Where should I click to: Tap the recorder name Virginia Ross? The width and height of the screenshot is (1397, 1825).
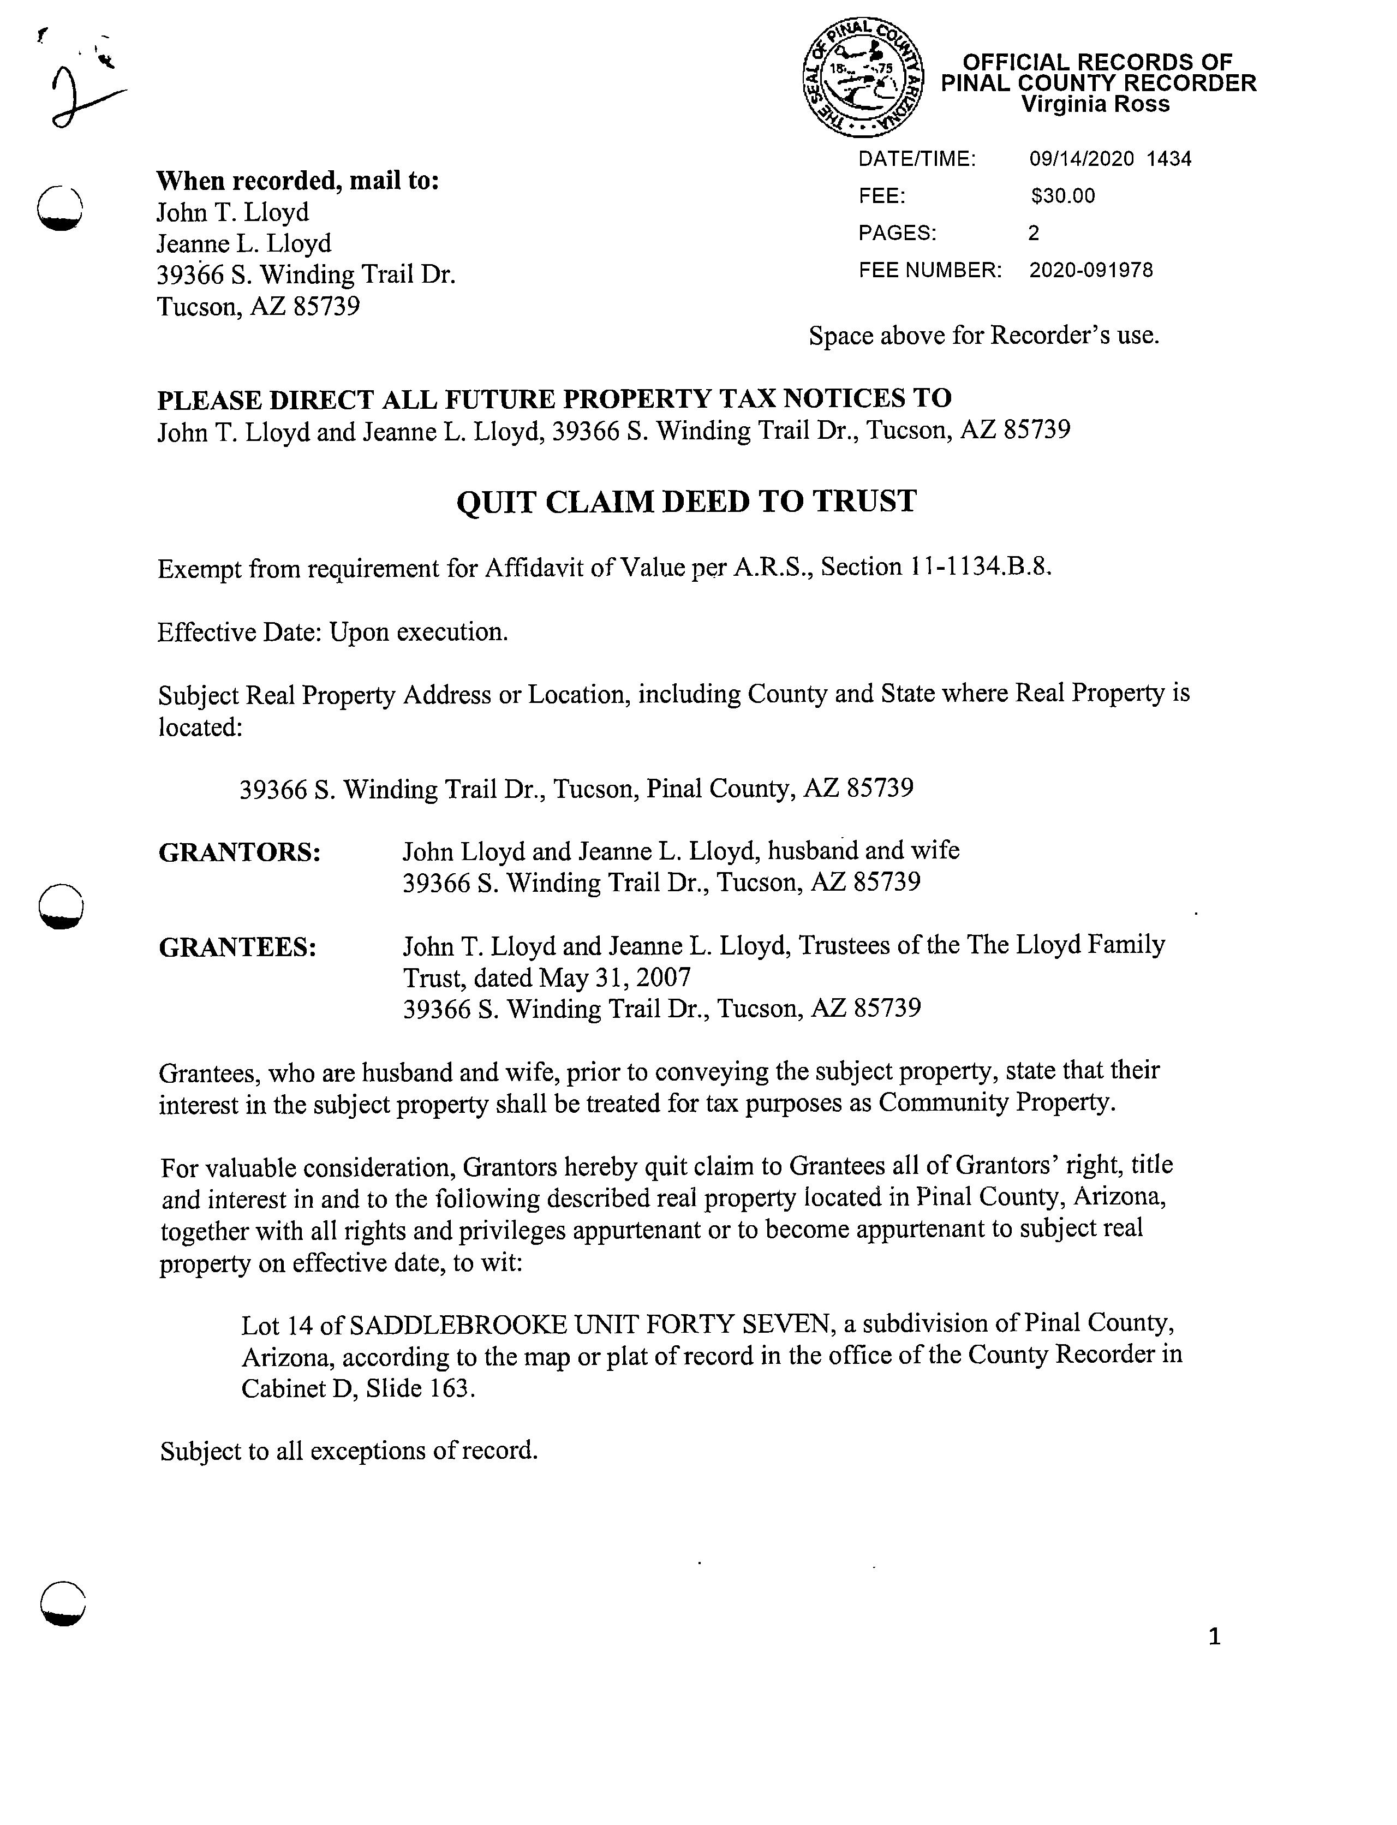point(1095,105)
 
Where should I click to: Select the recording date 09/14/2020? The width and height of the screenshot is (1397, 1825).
point(1081,159)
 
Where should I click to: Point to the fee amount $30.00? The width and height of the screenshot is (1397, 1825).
point(1062,196)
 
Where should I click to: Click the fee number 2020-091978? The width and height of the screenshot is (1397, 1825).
point(1091,270)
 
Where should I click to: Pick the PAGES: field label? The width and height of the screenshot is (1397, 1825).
point(897,234)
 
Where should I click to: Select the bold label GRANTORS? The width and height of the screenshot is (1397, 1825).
point(240,853)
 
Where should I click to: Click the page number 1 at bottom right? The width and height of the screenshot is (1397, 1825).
point(1214,1637)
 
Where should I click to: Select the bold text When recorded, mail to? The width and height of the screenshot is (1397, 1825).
point(298,181)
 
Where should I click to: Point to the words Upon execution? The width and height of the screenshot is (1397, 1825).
point(418,633)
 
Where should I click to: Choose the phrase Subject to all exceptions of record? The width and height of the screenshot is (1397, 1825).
point(349,1451)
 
